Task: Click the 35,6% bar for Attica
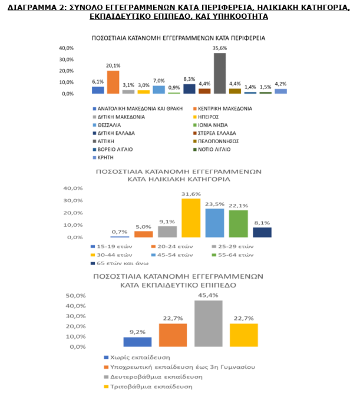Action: click(x=220, y=73)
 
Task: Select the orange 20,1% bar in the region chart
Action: click(x=113, y=82)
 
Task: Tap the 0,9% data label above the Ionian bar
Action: click(x=174, y=88)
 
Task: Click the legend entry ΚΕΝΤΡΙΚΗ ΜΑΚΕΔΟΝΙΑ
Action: click(x=223, y=109)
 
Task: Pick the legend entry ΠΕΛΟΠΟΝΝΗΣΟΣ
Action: click(x=216, y=141)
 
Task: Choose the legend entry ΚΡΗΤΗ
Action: click(x=103, y=158)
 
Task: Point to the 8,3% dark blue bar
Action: click(x=189, y=89)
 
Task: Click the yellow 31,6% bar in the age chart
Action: click(x=191, y=218)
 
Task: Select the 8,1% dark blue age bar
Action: click(x=262, y=232)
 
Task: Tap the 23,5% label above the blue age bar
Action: click(x=214, y=204)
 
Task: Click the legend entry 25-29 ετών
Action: click(x=232, y=247)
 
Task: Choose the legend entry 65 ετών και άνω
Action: click(x=120, y=263)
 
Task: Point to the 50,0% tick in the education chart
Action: click(x=75, y=296)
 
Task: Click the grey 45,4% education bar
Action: click(x=209, y=323)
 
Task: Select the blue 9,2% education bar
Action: click(x=137, y=342)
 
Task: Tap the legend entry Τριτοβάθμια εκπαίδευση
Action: click(x=148, y=387)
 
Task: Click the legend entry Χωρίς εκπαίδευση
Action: click(x=137, y=358)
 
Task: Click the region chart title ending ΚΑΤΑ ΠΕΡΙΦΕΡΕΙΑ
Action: click(x=179, y=38)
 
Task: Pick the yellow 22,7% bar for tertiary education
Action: click(x=244, y=335)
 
